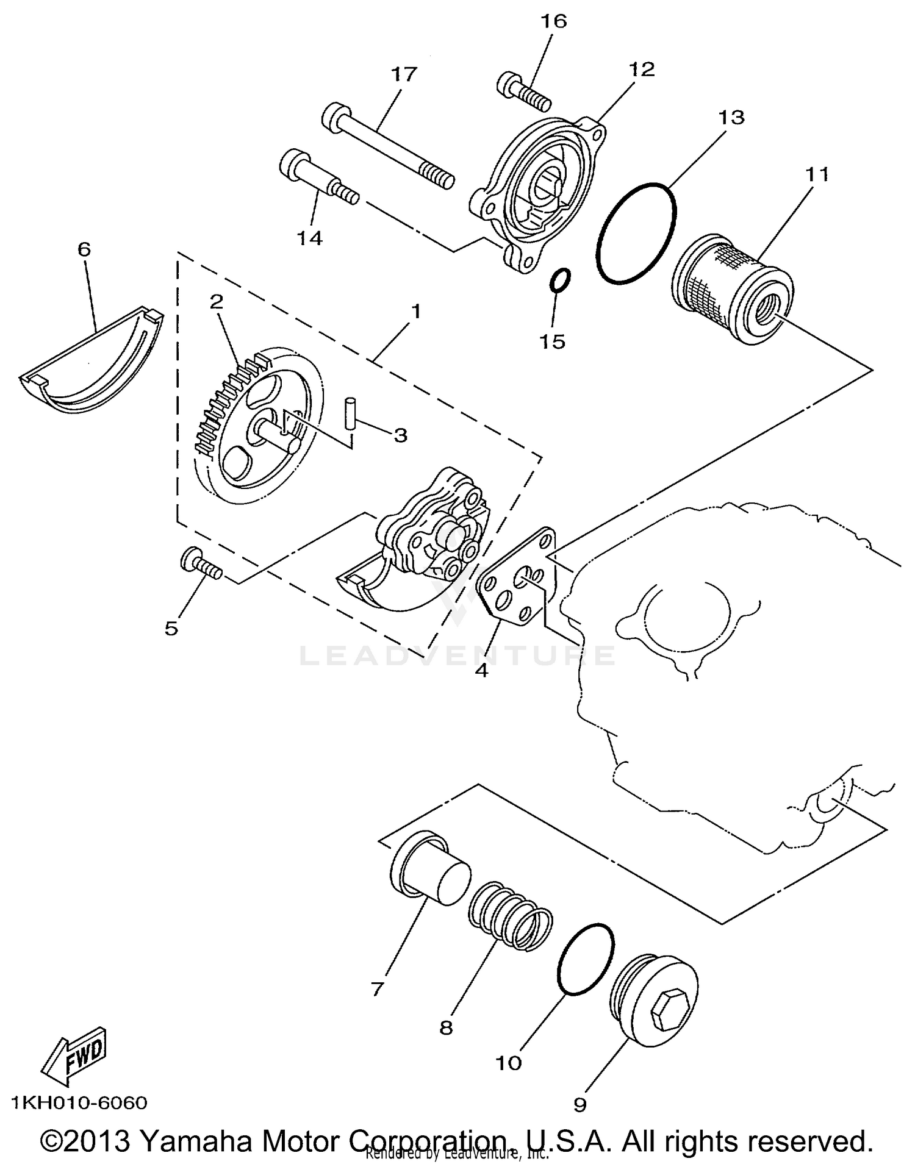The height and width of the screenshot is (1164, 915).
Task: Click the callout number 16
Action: click(x=553, y=21)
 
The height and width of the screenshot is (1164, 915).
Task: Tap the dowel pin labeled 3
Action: click(x=350, y=413)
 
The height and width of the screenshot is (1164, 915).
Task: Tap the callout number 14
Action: click(x=309, y=238)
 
